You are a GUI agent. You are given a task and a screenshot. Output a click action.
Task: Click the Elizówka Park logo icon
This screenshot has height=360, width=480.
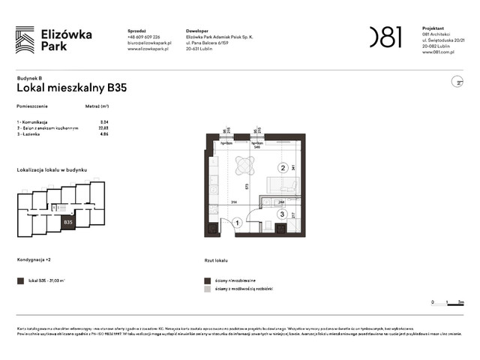tap(25, 40)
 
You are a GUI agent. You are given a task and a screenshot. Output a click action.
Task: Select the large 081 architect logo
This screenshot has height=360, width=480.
tap(385, 37)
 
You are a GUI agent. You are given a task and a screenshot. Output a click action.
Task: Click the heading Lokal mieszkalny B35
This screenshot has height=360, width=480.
tap(71, 88)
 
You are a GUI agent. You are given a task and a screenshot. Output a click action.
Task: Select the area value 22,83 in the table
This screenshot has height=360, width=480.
tap(104, 127)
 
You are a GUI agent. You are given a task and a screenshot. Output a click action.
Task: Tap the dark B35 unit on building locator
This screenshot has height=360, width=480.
tap(68, 222)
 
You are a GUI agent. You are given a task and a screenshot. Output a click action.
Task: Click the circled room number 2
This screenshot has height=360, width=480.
tap(283, 168)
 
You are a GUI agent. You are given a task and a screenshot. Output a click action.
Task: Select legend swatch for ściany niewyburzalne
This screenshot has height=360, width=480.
tap(208, 279)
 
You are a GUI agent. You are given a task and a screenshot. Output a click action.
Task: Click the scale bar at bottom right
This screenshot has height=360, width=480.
tap(448, 302)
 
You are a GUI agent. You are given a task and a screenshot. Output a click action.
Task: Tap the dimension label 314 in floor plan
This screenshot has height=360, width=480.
tap(233, 202)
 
